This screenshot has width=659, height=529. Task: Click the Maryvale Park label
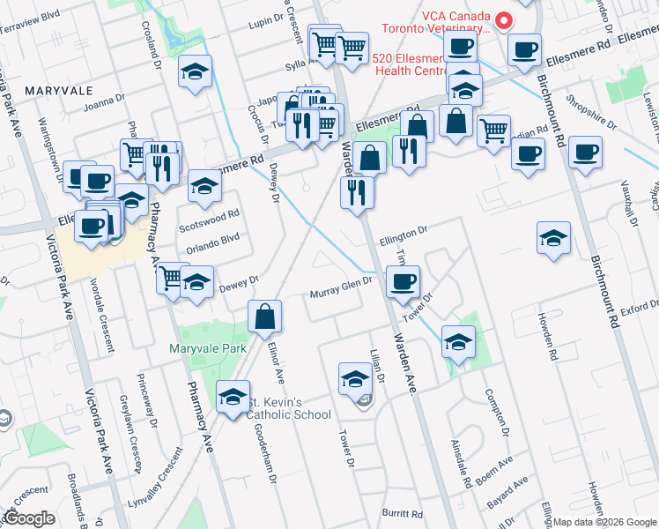coord(208,348)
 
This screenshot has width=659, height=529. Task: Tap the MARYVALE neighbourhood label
coord(59,91)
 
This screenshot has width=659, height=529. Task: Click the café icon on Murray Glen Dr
coord(403,282)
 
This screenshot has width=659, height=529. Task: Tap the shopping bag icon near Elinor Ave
coord(264,317)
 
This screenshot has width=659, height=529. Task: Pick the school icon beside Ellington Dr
coord(553,237)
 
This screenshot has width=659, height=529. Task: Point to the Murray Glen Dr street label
coord(343,294)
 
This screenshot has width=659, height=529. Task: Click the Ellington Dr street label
coord(403,232)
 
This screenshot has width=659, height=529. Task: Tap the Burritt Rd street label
coord(403,513)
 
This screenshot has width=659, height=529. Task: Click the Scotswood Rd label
coord(209,216)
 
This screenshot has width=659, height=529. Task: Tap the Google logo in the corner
coord(28,518)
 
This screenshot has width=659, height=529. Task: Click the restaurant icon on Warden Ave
coord(357,192)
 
